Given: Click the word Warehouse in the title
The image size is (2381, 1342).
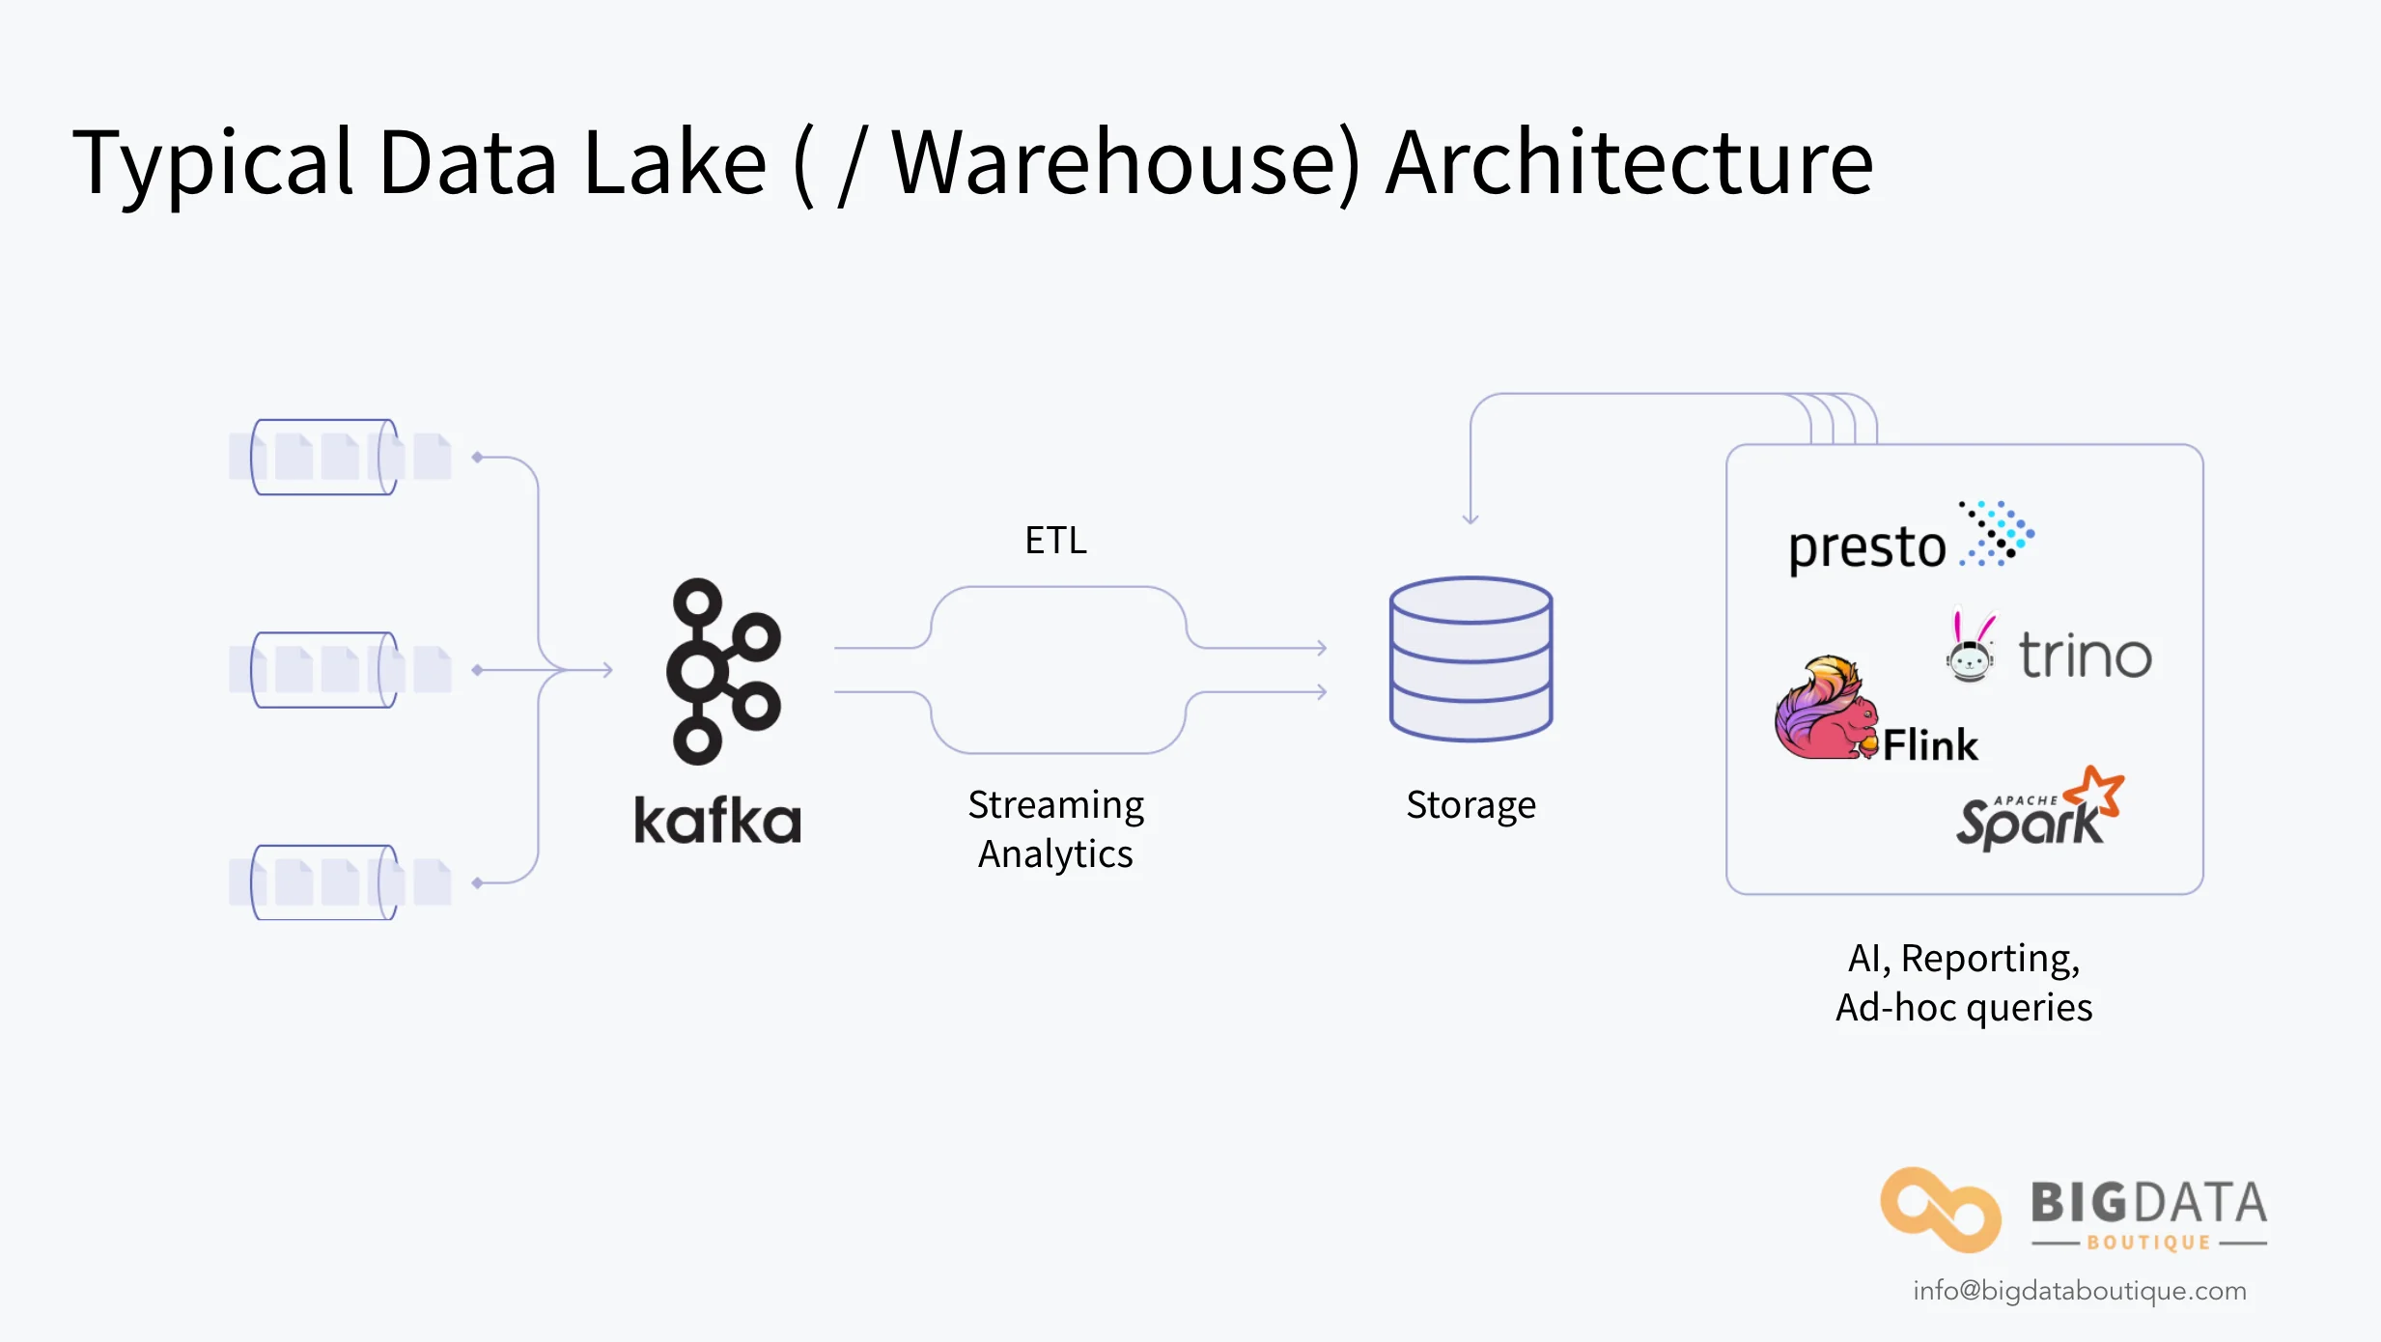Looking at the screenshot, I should pos(1125,164).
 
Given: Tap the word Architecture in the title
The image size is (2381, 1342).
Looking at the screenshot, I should pos(1629,164).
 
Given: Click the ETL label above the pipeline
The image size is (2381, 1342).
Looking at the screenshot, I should pos(1055,541).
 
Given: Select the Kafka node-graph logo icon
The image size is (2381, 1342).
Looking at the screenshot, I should pos(722,672).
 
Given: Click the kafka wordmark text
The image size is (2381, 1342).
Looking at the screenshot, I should pos(717,822).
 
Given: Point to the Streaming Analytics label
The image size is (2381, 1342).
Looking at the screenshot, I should pos(1055,828).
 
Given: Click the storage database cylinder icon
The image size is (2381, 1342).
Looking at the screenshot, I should pos(1471,659).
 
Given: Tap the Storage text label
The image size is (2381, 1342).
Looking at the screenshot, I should pos(1471,804).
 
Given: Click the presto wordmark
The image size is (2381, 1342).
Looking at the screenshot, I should pos(1866,547).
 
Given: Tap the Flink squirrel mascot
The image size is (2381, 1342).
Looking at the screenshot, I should pos(1824,710).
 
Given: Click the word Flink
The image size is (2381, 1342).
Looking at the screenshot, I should pos(1930,745).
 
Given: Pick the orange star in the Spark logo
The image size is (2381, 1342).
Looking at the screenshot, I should pos(2095,793).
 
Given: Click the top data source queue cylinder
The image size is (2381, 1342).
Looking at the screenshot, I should pos(324,458).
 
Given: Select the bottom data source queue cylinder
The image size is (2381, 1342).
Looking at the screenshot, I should pos(324,882).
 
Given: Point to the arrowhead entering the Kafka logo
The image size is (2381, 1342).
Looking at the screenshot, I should pos(606,669).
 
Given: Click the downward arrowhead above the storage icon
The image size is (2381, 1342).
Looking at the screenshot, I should pos(1471,518).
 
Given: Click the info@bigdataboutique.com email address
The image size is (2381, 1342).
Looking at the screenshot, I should pos(2080,1291).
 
